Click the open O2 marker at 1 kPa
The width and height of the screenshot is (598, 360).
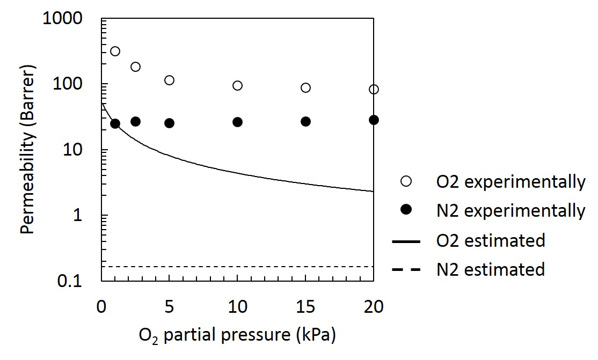pos(115,52)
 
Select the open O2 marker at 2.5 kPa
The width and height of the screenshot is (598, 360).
pos(135,67)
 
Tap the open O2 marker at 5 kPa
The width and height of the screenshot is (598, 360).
pos(169,80)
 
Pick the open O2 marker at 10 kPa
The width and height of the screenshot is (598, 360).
pos(237,85)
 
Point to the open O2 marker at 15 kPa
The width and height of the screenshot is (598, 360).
pos(305,87)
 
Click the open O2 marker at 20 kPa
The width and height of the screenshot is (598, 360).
pos(374,89)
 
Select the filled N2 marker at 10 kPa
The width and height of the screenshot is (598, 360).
pos(237,122)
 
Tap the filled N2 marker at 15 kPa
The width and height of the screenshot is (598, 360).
pos(305,122)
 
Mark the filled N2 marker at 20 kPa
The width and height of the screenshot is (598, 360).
pos(374,120)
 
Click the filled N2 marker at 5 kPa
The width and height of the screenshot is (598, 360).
pos(169,123)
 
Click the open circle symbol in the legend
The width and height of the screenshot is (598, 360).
pos(406,182)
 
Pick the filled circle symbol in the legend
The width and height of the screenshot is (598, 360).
pos(406,211)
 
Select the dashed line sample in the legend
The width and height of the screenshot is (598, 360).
pos(406,269)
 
